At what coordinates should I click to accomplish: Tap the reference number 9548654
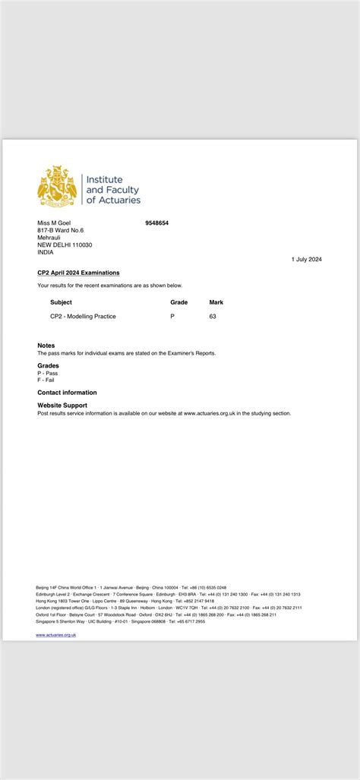(156, 223)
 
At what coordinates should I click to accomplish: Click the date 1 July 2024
(306, 259)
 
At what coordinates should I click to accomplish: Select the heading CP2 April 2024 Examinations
(78, 273)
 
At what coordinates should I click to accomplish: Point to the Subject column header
(61, 302)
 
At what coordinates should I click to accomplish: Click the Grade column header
(178, 302)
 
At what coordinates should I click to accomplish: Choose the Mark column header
(216, 302)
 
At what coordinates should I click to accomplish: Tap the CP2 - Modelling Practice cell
(83, 316)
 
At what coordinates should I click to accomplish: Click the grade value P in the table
(172, 316)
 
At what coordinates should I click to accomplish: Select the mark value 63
(213, 316)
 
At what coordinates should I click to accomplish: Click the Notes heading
(46, 346)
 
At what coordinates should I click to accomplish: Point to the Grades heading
(48, 365)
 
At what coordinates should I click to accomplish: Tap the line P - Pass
(47, 373)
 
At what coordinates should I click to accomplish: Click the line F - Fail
(46, 380)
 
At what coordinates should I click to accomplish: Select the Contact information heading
(67, 393)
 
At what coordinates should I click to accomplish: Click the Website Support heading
(62, 406)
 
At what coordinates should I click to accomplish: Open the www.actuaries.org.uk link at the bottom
(55, 634)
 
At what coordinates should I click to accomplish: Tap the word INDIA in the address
(46, 252)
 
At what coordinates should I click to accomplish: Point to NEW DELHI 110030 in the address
(65, 245)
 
